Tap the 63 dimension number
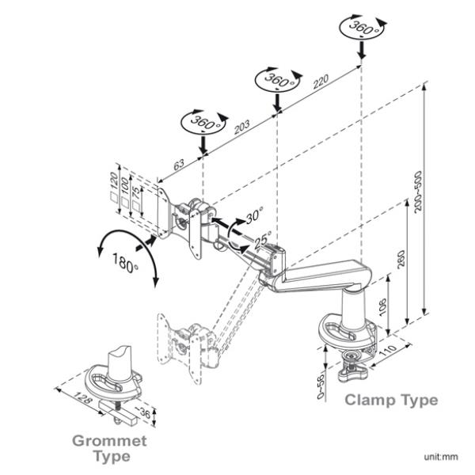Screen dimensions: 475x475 point(179,164)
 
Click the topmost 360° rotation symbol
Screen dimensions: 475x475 point(361,27)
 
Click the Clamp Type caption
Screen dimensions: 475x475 point(390,401)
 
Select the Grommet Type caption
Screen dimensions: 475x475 point(110,447)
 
